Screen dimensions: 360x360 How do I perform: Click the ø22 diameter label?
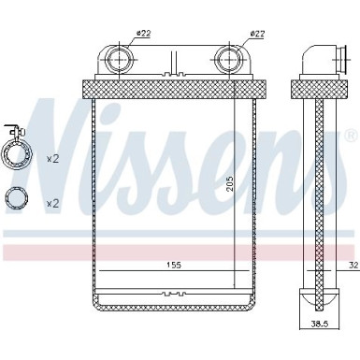click(143, 34)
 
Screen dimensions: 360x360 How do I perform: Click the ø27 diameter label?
click(256, 34)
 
